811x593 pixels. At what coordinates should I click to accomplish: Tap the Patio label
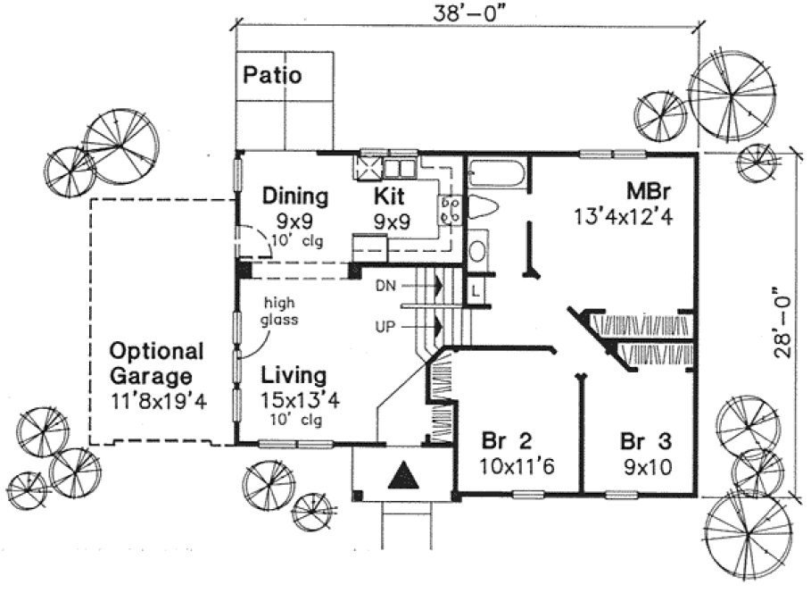[x=272, y=75]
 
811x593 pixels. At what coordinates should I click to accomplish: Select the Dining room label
[x=294, y=196]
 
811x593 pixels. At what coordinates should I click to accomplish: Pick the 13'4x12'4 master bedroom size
[x=623, y=216]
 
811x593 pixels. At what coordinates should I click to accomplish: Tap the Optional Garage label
[x=156, y=363]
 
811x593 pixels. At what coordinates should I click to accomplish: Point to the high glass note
[x=278, y=312]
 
